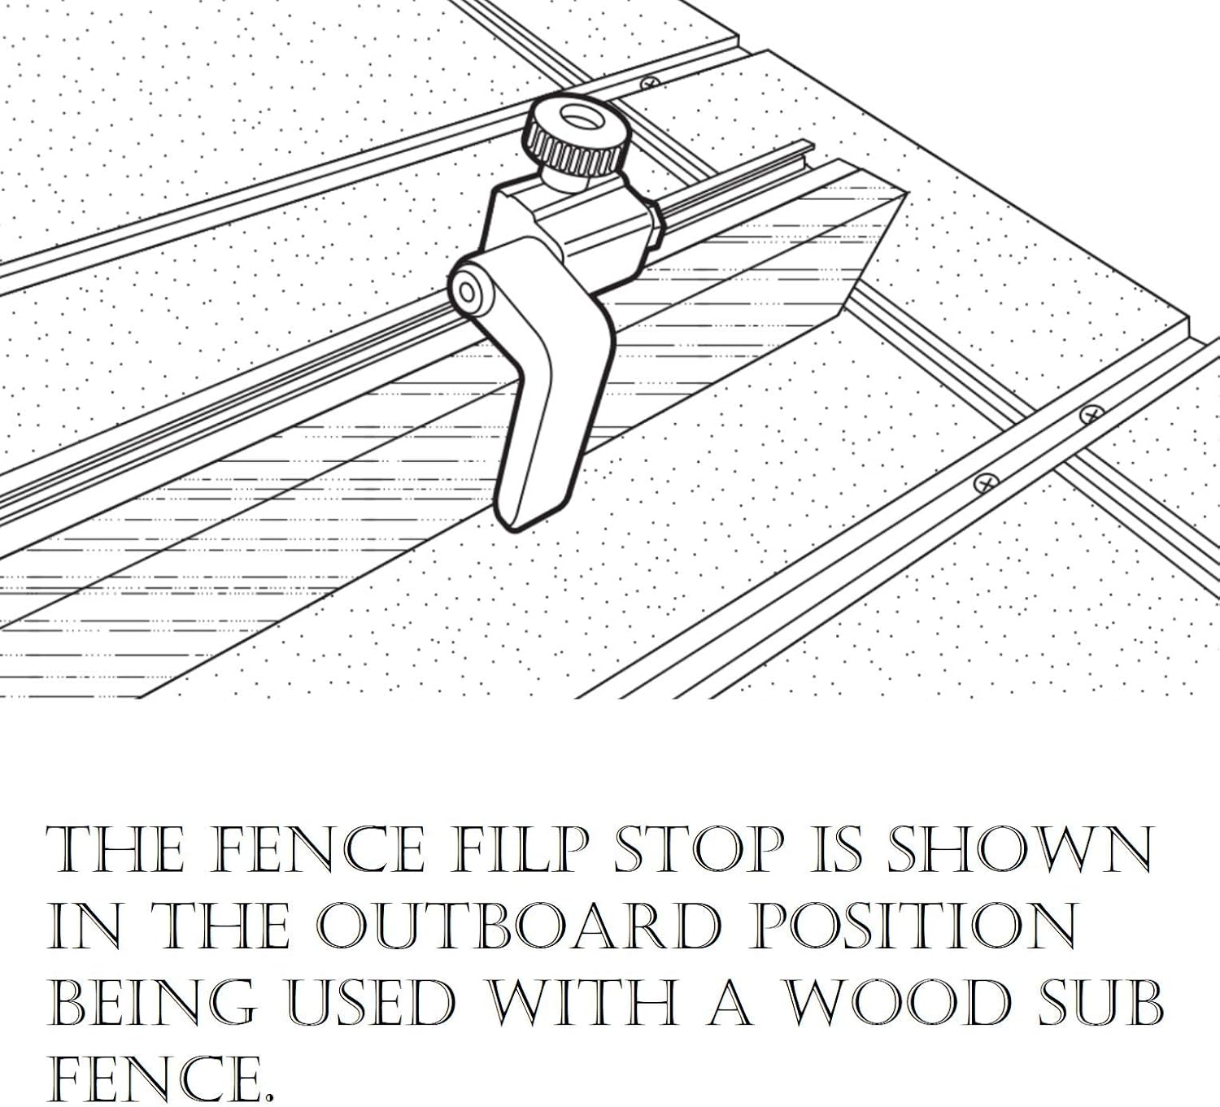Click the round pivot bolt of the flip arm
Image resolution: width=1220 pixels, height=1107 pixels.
[x=468, y=291]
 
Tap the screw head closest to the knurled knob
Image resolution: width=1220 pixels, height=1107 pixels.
[x=649, y=82]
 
